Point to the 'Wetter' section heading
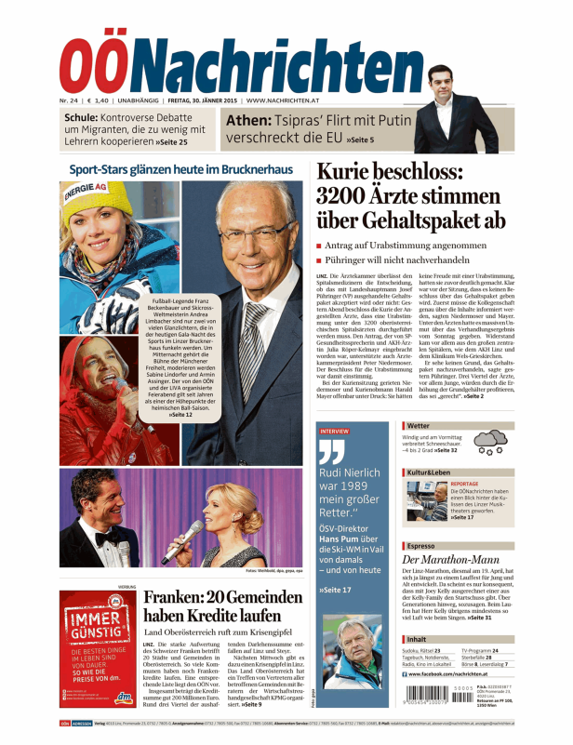pos(419,426)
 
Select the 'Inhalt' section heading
pos(417,640)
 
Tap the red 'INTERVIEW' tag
pos(334,432)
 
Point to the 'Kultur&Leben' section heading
pos(429,473)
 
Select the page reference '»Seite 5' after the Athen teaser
pos(359,140)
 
